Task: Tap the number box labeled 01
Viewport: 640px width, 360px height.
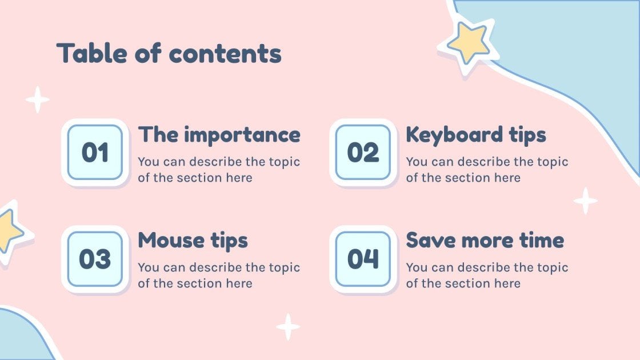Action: [x=95, y=153]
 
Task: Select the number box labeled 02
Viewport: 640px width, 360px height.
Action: [x=363, y=153]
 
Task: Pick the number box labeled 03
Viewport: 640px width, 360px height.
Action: [x=95, y=259]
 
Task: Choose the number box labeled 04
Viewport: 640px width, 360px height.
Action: [x=363, y=259]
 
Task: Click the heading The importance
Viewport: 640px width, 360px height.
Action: [x=219, y=135]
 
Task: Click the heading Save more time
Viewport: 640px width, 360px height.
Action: [x=485, y=240]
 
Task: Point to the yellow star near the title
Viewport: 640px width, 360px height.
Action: [x=468, y=42]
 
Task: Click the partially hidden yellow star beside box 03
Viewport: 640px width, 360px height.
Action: [x=8, y=231]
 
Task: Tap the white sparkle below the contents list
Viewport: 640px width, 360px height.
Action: [x=289, y=327]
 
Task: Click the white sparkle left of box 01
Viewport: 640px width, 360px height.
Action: [x=38, y=99]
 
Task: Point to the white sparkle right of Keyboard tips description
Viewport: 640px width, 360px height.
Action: [x=586, y=201]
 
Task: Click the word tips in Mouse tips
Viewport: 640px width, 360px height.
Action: [x=228, y=241]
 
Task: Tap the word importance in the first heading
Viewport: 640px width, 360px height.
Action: [x=242, y=135]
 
